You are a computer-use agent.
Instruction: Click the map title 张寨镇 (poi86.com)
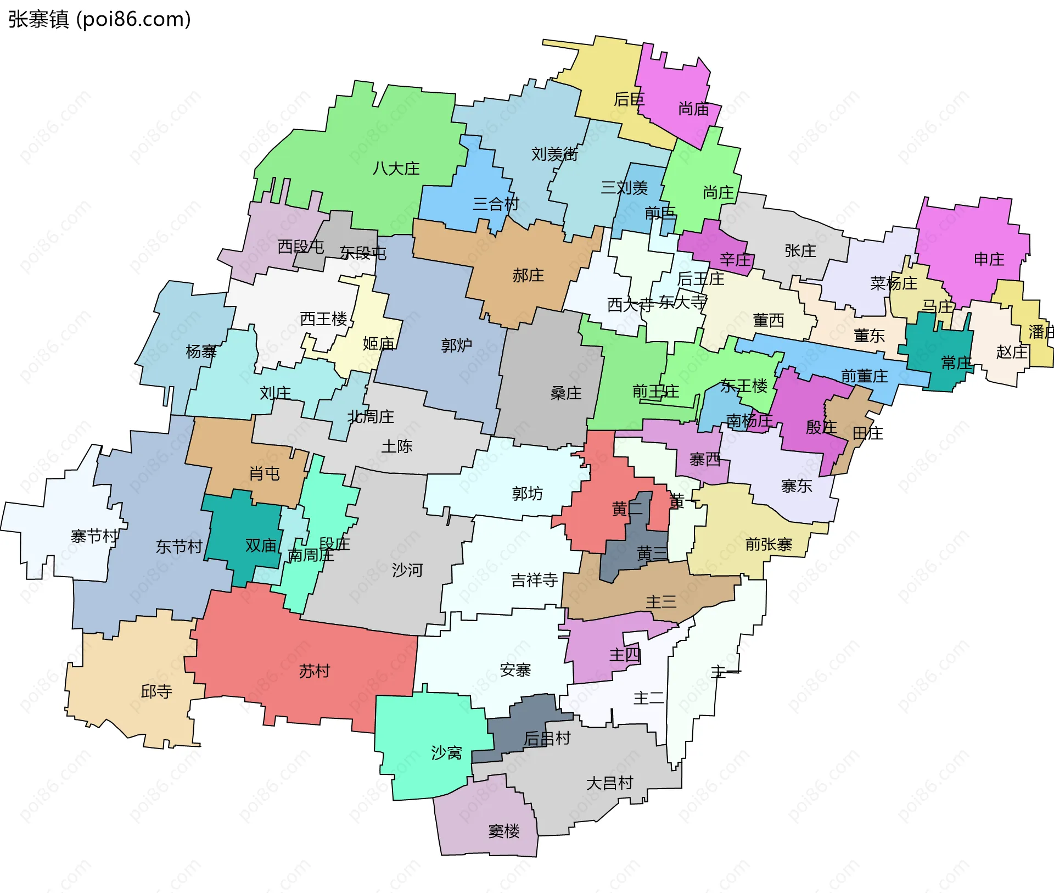coord(99,19)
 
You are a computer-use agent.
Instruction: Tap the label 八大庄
coord(396,169)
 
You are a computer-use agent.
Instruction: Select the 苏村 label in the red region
coord(315,671)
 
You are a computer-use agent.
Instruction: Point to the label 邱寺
coord(156,691)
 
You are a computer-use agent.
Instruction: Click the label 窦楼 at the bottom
coord(504,831)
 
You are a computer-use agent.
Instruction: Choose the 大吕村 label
coord(610,783)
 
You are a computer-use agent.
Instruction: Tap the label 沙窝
coord(446,752)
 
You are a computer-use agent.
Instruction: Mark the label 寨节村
coord(94,536)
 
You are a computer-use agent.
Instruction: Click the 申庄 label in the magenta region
coord(989,259)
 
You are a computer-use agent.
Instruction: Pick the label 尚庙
coord(693,109)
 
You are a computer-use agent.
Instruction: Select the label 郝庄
coord(528,276)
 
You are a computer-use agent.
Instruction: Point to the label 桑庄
coord(565,393)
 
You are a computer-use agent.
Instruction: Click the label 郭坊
coord(527,494)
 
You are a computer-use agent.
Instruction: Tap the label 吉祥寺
coord(534,580)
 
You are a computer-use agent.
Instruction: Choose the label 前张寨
coord(769,544)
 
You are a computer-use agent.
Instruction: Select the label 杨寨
coord(201,351)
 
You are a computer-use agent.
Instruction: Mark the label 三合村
coord(496,204)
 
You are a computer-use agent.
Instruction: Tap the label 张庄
coord(800,251)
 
